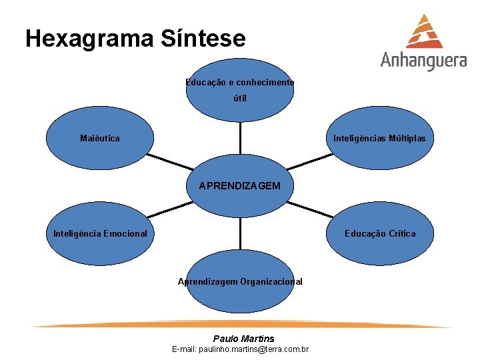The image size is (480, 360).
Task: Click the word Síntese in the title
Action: pos(203,39)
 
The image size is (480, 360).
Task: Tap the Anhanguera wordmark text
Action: pos(423,60)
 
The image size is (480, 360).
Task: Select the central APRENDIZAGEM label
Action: pos(240,186)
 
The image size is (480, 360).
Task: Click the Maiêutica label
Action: pos(100,139)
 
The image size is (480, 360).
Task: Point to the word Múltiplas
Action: pos(403,139)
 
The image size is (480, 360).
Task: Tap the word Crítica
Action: pos(399,234)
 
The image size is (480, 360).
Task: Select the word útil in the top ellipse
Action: pos(240,99)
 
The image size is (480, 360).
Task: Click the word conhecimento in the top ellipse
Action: pos(265,83)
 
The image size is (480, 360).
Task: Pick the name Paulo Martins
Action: pos(243,339)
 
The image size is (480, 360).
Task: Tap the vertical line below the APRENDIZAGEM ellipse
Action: pos(240,230)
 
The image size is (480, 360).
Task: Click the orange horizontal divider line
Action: pos(240,326)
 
